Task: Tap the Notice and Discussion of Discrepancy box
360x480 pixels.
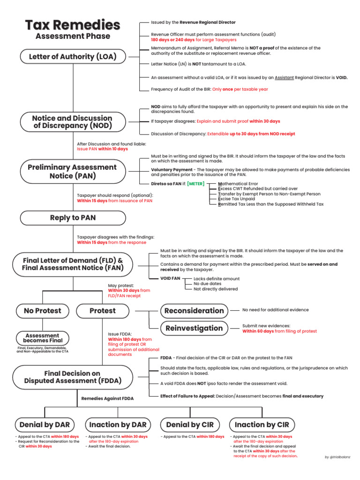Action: coord(72,122)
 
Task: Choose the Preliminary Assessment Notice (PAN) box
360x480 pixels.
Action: coord(72,171)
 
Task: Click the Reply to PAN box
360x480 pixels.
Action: coord(72,217)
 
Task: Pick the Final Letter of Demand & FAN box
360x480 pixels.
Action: coord(73,264)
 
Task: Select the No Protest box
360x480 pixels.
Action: coord(43,310)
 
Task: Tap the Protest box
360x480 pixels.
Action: coord(102,310)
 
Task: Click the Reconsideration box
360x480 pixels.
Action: coord(194,311)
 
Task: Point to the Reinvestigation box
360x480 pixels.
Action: coord(194,328)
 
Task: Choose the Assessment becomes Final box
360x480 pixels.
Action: coord(42,338)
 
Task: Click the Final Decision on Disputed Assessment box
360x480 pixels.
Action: coord(72,377)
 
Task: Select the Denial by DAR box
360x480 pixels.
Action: coord(45,425)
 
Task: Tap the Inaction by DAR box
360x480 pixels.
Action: coord(118,425)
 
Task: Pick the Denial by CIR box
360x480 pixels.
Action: coord(190,425)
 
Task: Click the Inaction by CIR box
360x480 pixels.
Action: coord(262,425)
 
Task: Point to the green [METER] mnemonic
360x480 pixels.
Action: coord(195,184)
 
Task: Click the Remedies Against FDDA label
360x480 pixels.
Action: coord(107,398)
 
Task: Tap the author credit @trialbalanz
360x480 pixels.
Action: coord(337,457)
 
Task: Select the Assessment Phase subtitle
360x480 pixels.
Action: coord(73,36)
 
